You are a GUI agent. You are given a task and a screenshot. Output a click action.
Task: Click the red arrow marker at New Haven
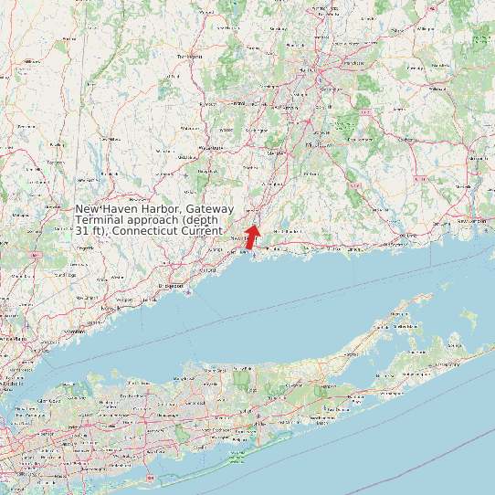252,237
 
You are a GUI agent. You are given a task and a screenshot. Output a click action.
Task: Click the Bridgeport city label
171,285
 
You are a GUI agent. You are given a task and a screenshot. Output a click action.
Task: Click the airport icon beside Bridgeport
186,292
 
